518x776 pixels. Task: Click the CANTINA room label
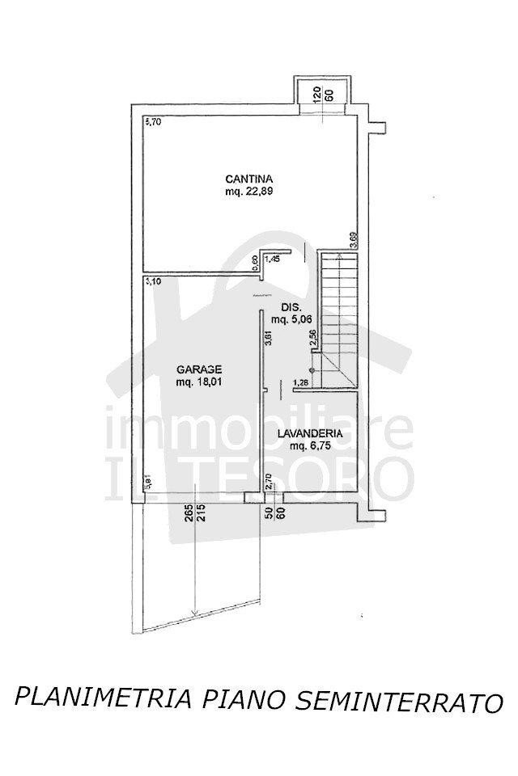click(248, 179)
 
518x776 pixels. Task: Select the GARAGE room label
click(200, 370)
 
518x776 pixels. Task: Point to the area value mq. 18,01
click(200, 383)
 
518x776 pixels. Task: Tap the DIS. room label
click(291, 307)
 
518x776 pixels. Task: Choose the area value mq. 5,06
click(291, 319)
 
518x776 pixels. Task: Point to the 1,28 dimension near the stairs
click(301, 382)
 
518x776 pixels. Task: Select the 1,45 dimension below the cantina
click(272, 259)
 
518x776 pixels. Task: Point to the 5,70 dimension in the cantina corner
click(153, 123)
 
